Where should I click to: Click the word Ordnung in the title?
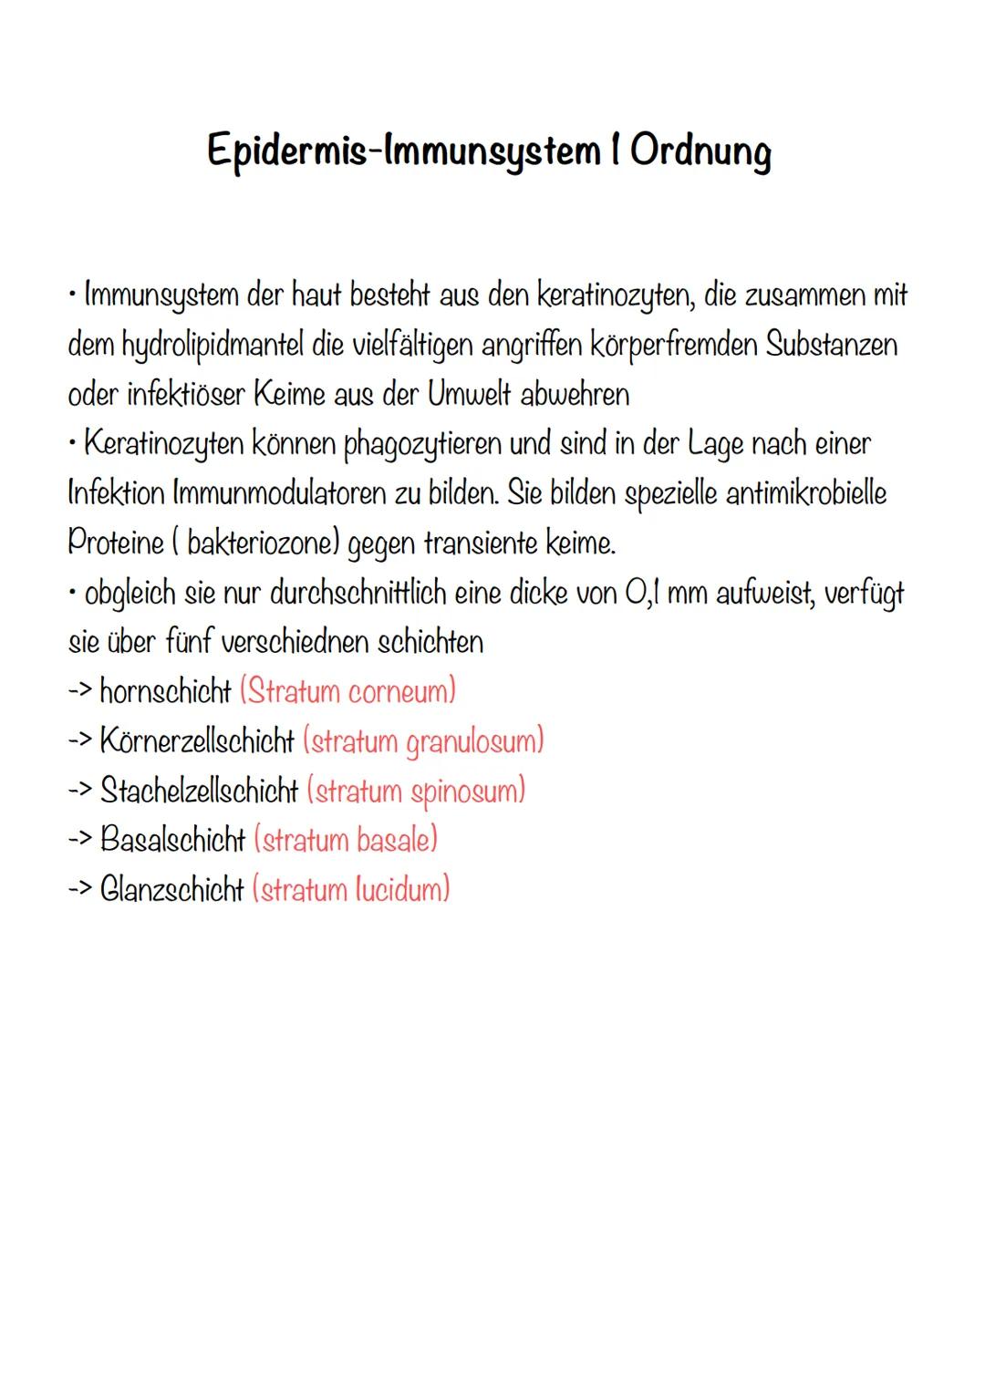[x=700, y=151]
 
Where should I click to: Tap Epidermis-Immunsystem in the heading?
[x=402, y=151]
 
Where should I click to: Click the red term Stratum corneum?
[x=347, y=691]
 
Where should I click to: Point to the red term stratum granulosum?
[x=423, y=741]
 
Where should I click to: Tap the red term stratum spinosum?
[x=416, y=791]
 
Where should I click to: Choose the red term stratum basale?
[x=346, y=840]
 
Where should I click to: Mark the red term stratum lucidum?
[x=351, y=889]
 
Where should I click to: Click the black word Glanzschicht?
[x=172, y=889]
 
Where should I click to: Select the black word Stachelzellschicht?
[x=199, y=791]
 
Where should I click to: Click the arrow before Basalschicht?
[x=79, y=840]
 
